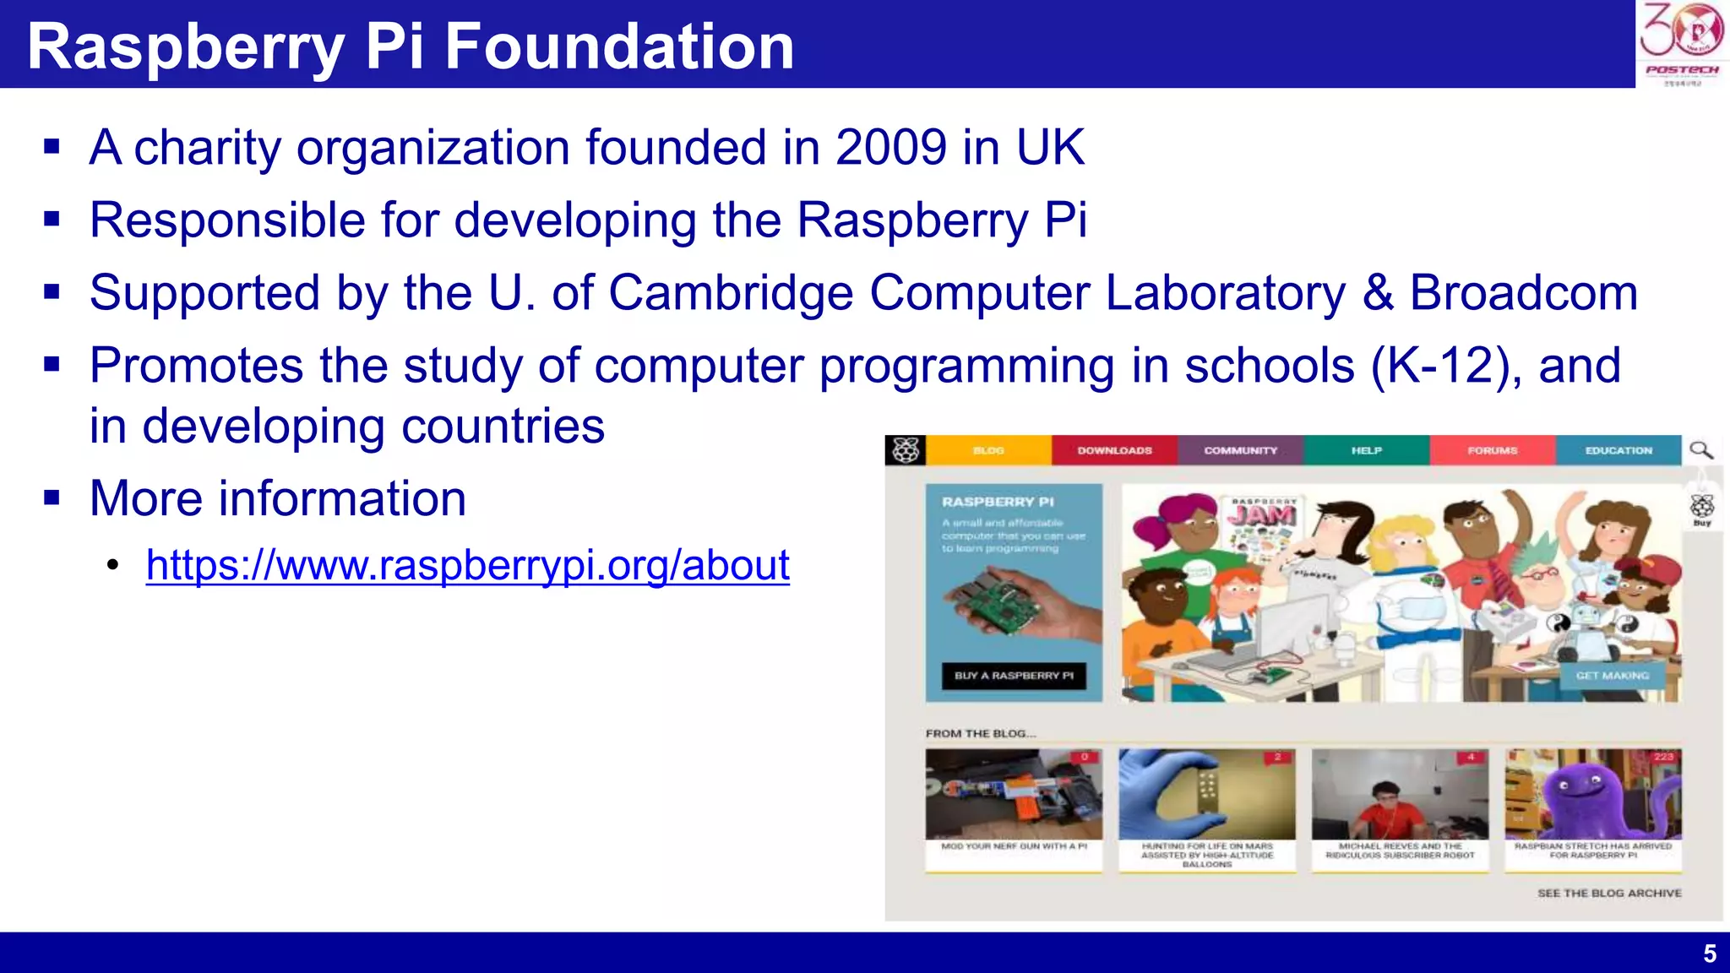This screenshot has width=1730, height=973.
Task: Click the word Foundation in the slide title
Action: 619,46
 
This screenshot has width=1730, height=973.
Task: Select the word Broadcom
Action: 1523,293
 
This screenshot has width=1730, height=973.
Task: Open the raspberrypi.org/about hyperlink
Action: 467,565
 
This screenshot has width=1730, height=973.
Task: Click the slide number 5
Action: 1709,954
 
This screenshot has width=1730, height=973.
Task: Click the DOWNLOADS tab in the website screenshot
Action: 1114,451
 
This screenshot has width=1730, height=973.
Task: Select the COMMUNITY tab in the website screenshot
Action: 1240,451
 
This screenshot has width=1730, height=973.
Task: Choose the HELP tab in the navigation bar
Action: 1366,451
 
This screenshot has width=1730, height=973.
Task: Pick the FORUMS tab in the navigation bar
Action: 1492,451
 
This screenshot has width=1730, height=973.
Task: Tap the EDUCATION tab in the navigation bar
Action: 1618,451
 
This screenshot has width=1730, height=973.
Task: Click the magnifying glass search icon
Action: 1701,450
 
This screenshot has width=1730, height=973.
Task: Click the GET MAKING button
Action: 1612,676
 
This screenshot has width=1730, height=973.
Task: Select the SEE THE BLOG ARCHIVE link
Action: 1608,894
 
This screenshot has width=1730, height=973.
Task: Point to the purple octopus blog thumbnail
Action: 1593,794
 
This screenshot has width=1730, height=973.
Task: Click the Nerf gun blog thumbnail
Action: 1014,794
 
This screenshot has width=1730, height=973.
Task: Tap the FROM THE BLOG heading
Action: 980,734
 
